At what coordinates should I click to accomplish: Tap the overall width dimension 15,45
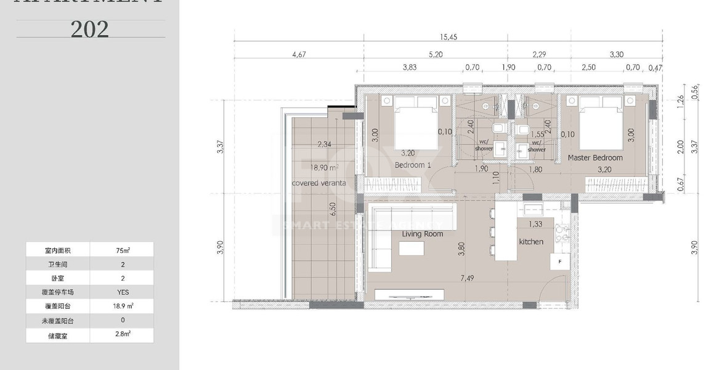pos(448,37)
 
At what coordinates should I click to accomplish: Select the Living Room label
pos(422,234)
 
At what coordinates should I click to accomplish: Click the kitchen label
pos(530,242)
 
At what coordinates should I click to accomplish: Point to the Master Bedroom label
pos(595,158)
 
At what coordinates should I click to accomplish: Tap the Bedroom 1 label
pos(413,166)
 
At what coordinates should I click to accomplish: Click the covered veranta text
pos(319,183)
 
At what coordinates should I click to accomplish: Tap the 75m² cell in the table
pos(122,250)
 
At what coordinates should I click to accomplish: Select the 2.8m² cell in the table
pos(122,334)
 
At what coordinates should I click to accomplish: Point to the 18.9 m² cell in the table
pos(122,306)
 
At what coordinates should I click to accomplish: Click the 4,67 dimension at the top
pos(298,55)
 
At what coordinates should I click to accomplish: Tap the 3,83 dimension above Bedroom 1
pos(410,67)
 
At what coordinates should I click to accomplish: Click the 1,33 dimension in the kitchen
pos(535,224)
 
